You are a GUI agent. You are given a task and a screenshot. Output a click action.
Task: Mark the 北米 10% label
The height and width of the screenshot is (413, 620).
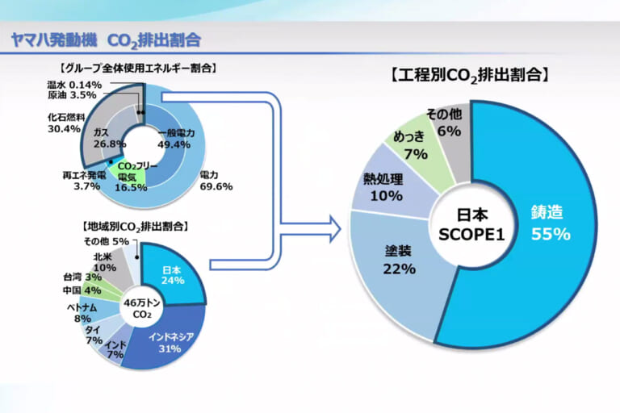(x=105, y=262)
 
